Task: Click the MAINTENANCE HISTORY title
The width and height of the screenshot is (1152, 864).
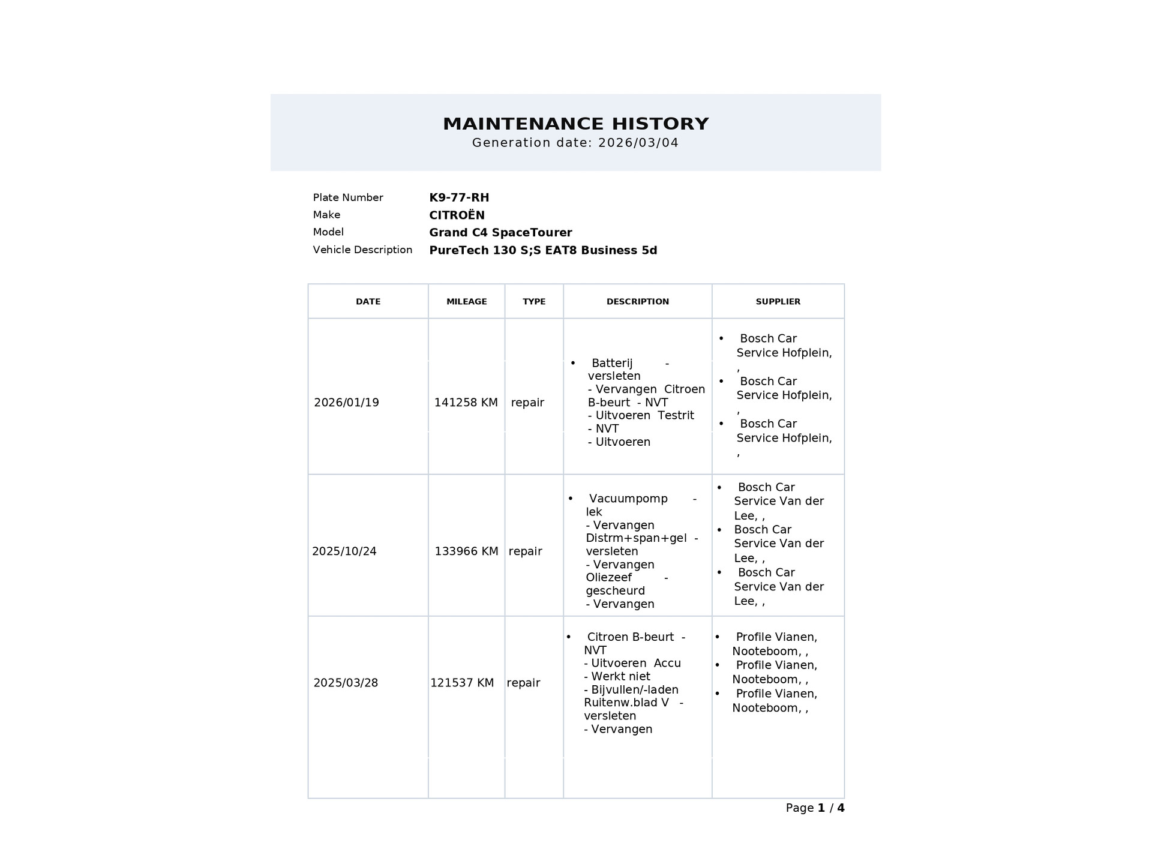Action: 575,124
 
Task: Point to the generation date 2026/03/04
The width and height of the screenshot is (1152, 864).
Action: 638,143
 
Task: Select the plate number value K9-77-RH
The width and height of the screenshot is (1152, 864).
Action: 459,197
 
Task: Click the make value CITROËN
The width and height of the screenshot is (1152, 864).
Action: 457,215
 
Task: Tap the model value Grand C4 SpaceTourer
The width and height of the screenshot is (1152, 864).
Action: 500,232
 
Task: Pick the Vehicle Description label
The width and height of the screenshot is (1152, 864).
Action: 362,250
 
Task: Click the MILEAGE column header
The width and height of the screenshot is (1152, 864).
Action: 466,301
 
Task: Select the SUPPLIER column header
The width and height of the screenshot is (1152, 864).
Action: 778,301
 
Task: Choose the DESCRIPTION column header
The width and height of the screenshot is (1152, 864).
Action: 637,301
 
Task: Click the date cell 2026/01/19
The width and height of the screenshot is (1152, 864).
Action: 346,403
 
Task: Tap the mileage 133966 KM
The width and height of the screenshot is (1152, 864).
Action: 466,551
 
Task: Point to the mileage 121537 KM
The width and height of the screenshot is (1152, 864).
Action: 462,683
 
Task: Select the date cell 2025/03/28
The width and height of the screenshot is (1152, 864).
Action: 346,683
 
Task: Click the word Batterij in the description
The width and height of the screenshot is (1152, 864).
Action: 612,363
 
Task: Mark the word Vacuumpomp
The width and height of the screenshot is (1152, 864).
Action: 628,499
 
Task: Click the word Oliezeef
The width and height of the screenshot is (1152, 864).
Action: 608,577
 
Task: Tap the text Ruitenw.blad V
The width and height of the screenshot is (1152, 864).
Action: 626,703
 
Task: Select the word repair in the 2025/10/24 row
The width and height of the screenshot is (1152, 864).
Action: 525,551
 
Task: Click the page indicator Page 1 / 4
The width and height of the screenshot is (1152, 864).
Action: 815,808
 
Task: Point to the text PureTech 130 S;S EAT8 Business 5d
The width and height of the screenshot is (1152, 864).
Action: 543,250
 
